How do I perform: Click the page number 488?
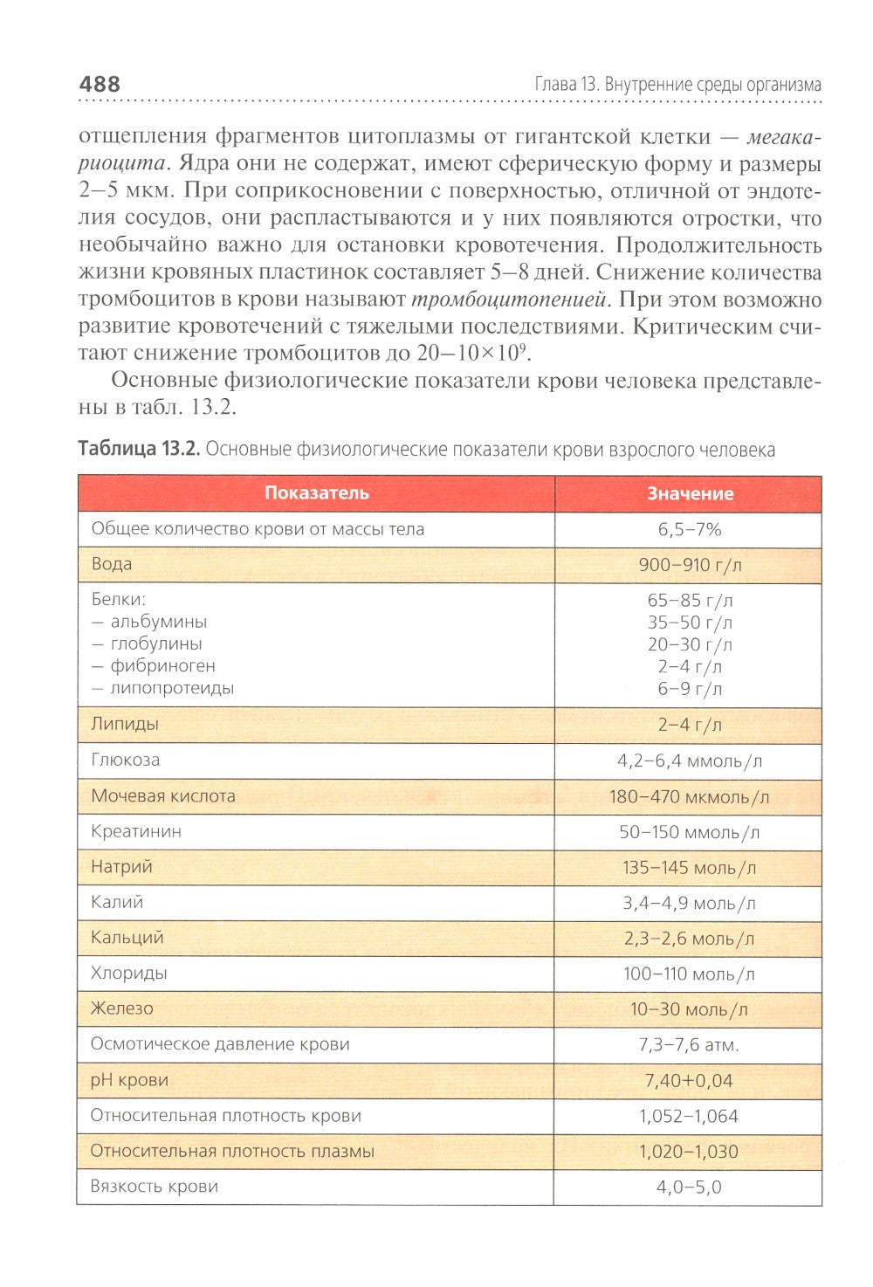tap(100, 85)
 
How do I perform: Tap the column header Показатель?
tap(316, 493)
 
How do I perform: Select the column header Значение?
tap(689, 494)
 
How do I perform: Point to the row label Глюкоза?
tap(126, 760)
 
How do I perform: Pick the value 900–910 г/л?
tap(689, 565)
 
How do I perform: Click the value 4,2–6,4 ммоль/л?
tap(689, 760)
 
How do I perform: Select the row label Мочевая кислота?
tap(163, 795)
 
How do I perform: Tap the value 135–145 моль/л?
tap(689, 868)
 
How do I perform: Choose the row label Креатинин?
tap(136, 831)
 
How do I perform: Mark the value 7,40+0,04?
tap(689, 1081)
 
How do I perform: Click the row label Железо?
tap(122, 1008)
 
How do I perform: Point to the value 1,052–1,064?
tap(689, 1116)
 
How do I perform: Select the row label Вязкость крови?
tap(155, 1187)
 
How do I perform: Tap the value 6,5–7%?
tap(689, 529)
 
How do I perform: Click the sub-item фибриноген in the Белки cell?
tap(162, 665)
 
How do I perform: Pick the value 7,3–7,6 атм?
tap(689, 1045)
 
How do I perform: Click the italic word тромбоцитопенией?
tap(509, 299)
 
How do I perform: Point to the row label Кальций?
tap(127, 938)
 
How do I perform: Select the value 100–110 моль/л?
tap(689, 974)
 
